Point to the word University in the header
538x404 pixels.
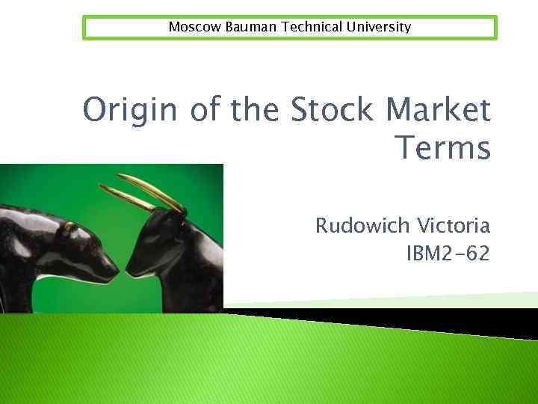[x=377, y=27]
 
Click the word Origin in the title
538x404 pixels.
[x=125, y=111]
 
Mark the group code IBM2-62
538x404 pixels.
[x=448, y=254]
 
